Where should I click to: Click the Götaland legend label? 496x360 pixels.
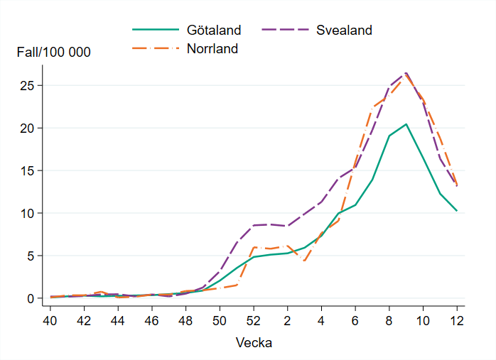(x=214, y=31)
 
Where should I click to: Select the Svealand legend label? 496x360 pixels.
(x=344, y=31)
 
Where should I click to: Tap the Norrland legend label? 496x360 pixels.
(x=212, y=49)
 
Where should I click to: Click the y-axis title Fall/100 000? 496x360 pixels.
(x=54, y=53)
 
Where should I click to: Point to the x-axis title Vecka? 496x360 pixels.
(x=254, y=342)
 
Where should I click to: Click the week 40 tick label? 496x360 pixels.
(x=50, y=320)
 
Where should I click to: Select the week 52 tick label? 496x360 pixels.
(x=253, y=320)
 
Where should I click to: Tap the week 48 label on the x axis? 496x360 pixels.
(x=185, y=320)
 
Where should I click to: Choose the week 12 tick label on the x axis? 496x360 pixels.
(x=457, y=320)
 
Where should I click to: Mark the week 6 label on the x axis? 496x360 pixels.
(x=355, y=320)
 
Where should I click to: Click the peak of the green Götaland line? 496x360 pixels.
(x=406, y=124)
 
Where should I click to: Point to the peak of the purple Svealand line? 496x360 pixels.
(x=406, y=72)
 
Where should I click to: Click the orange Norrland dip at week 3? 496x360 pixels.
(x=304, y=261)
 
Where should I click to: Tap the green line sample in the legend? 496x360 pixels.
(x=154, y=31)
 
